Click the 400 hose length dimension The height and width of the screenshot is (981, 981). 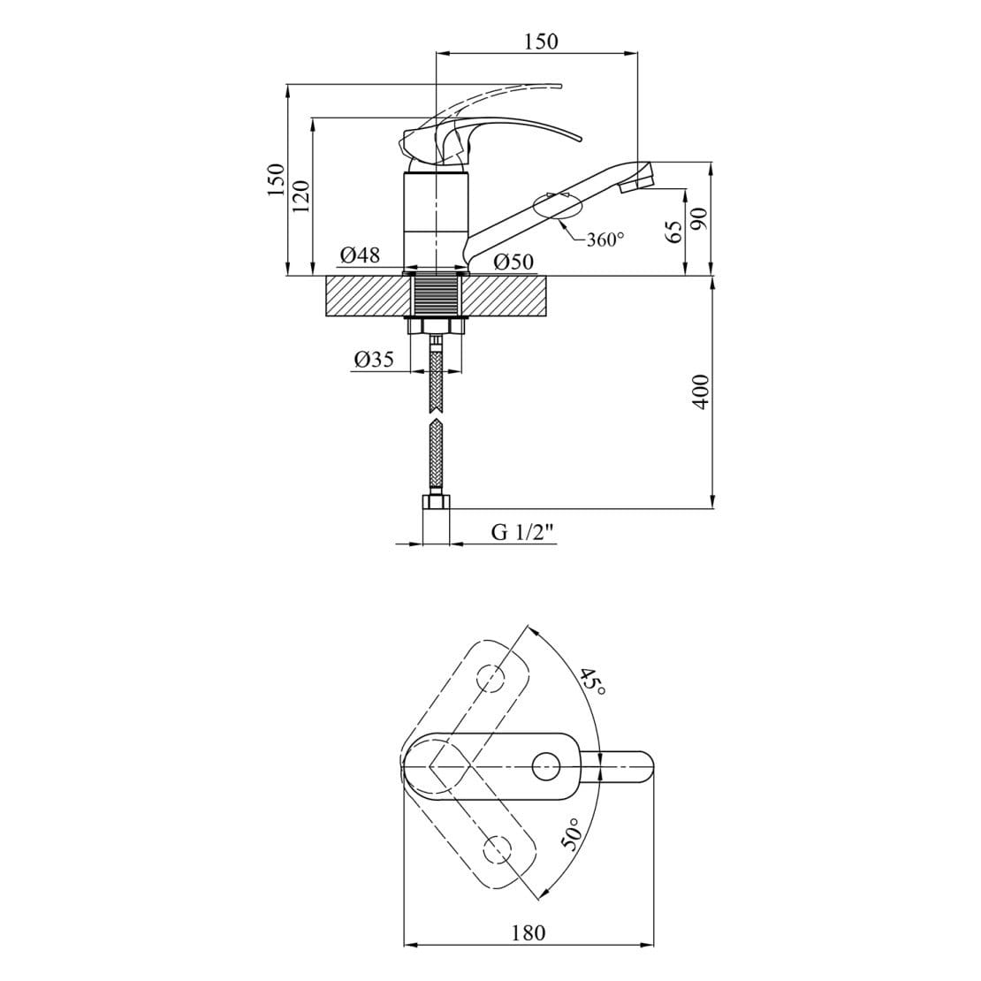coord(702,392)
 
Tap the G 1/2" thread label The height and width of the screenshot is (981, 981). coord(523,532)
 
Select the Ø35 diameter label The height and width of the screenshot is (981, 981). coord(374,359)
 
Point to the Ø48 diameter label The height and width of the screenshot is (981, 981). coord(360,255)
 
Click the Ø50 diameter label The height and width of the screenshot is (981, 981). coord(513,262)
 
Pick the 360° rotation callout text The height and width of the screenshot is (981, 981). coord(605,239)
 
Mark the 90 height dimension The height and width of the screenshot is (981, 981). coord(699,217)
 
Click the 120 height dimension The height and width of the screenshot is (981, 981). coord(301,195)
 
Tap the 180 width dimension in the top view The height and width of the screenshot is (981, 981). coord(529,932)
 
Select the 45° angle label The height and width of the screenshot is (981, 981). coord(591,682)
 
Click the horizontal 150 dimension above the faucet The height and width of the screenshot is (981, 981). coord(541,42)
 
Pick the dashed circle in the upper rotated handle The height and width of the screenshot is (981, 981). coord(491,678)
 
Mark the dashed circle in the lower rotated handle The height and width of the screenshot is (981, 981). coord(498,848)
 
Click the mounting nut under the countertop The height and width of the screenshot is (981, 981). coord(437,325)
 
